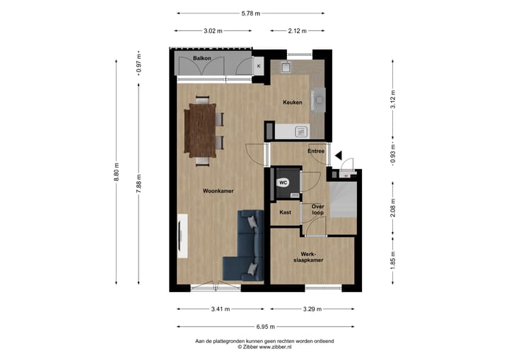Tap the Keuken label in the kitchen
[x=292, y=103]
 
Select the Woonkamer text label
[x=218, y=191]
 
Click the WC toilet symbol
[x=283, y=182]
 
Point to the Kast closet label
[x=285, y=212]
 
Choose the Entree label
[x=316, y=151]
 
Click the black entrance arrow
[x=339, y=156]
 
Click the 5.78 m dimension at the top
[x=250, y=13]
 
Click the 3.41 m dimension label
[x=220, y=308]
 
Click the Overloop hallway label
[x=317, y=209]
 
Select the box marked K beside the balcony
[x=259, y=66]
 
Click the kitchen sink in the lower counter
[x=301, y=131]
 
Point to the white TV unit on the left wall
[x=183, y=238]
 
